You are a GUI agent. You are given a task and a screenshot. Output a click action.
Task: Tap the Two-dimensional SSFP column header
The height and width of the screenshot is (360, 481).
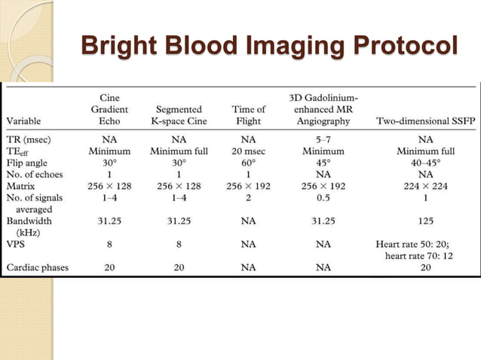coord(425,119)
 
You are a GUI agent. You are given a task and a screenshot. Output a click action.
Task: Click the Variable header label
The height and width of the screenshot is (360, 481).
coord(29,119)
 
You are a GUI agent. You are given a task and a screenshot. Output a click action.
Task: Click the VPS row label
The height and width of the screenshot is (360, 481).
coord(18,244)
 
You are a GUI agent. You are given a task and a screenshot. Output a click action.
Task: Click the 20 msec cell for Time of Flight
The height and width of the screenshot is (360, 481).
coord(249,151)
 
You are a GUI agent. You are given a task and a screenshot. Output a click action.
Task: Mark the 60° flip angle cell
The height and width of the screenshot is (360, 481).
coord(249,161)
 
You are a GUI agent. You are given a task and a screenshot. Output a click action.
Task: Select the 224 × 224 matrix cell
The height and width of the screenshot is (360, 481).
coord(425,184)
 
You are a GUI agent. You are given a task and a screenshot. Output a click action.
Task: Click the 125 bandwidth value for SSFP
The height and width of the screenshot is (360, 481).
coord(425,221)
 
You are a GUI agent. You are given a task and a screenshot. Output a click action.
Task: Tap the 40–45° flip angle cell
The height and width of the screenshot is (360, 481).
coord(425,161)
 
